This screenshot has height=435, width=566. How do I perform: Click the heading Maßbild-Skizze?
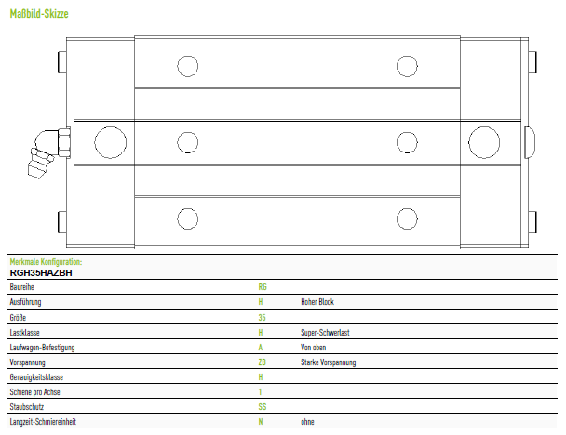[x=39, y=14]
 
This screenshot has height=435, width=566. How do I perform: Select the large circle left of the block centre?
[x=111, y=142]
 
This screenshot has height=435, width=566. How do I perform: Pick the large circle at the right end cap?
[x=484, y=142]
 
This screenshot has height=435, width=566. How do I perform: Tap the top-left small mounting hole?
[x=188, y=66]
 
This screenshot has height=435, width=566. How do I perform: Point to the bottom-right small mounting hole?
[x=407, y=218]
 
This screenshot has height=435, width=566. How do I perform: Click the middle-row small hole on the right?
[x=407, y=142]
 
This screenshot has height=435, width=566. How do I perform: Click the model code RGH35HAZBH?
[x=41, y=273]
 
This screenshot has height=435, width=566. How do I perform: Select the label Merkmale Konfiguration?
[x=46, y=261]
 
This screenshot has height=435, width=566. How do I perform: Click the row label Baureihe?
[x=21, y=287]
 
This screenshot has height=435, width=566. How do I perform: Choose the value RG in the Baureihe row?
[x=263, y=287]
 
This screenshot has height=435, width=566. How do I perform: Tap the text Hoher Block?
[x=317, y=302]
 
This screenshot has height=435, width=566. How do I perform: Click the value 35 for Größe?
[x=262, y=318]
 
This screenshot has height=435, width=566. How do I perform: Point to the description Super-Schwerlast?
[x=325, y=333]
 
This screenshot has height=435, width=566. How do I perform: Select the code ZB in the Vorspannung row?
[x=263, y=362]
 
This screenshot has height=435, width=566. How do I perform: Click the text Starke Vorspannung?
[x=328, y=362]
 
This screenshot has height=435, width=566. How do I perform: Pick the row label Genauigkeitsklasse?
[x=36, y=377]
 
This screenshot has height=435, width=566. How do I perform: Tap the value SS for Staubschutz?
[x=263, y=407]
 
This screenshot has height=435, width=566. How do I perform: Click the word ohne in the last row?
[x=307, y=422]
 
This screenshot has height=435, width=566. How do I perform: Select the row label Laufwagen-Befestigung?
[x=42, y=348]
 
